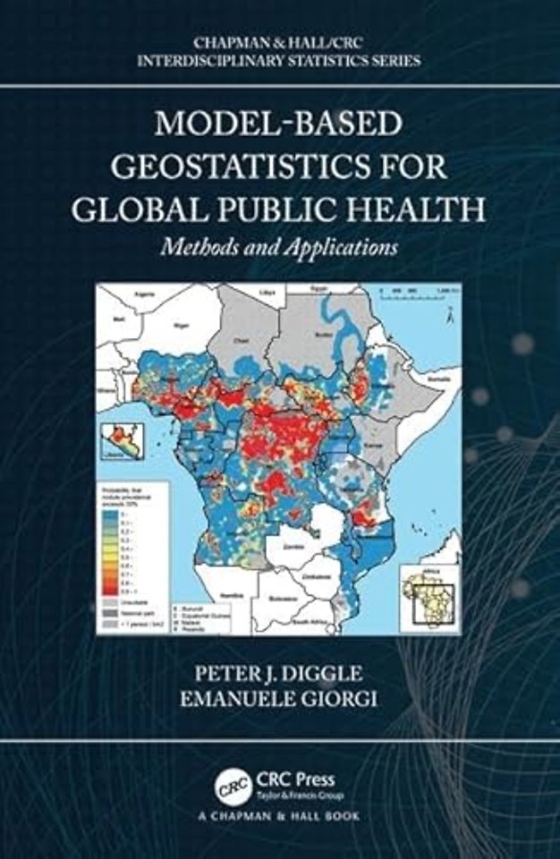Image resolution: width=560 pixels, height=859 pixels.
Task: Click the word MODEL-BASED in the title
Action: (x=279, y=123)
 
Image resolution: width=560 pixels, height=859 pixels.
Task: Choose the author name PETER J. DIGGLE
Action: (x=278, y=670)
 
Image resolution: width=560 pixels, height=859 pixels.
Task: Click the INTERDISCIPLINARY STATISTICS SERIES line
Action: (x=279, y=61)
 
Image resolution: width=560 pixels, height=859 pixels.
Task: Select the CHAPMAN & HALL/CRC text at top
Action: (x=279, y=41)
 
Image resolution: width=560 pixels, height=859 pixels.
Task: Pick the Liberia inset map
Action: (x=123, y=441)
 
